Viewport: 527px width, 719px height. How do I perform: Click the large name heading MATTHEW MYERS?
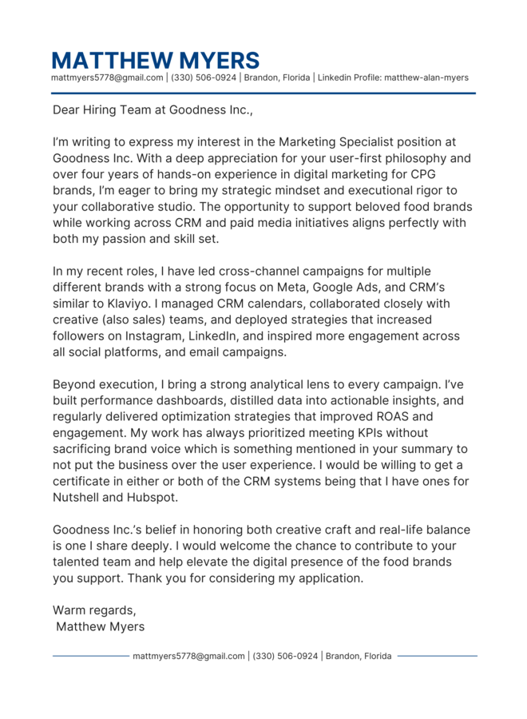click(156, 60)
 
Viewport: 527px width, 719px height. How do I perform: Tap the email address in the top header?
click(107, 77)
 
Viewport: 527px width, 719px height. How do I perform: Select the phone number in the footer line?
click(286, 656)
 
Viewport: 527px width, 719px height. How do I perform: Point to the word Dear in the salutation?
click(66, 110)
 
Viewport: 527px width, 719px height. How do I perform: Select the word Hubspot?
click(151, 497)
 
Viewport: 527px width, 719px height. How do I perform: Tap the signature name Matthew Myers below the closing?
click(101, 626)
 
